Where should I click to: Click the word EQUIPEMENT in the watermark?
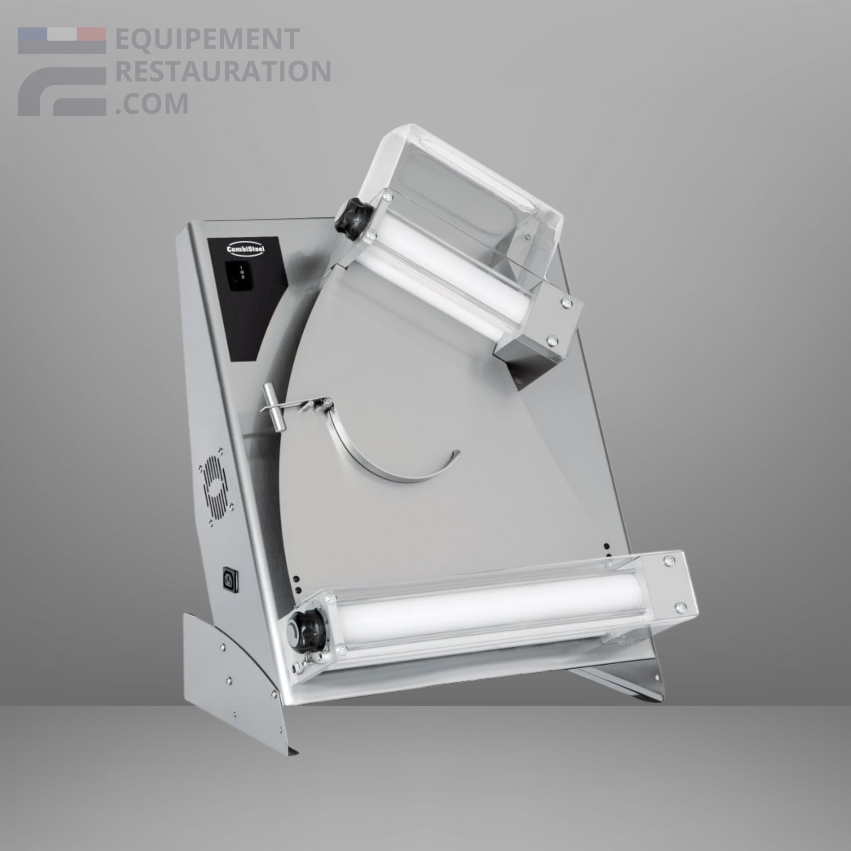pyautogui.click(x=207, y=39)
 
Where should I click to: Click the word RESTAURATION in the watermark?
pyautogui.click(x=223, y=72)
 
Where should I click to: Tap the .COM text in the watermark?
pyautogui.click(x=152, y=104)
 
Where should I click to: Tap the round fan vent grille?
pyautogui.click(x=216, y=490)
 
